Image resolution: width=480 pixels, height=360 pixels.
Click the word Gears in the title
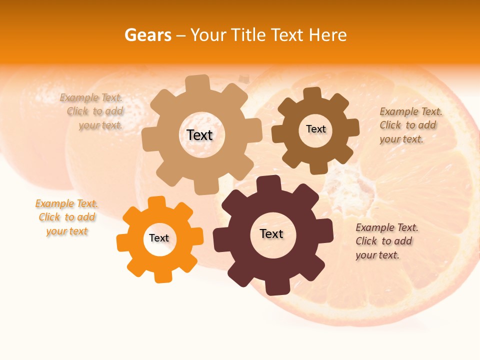tap(147, 35)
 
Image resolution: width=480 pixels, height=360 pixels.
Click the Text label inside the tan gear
tap(199, 135)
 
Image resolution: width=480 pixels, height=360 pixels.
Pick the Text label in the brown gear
tap(315, 129)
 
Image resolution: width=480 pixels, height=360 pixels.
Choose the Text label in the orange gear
tap(159, 238)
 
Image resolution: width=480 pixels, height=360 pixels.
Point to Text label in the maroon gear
tap(271, 234)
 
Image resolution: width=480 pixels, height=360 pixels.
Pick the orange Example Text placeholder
tap(67, 217)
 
